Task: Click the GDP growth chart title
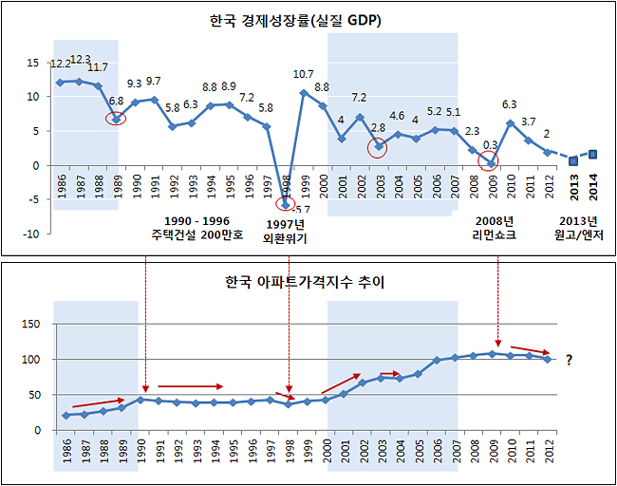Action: pyautogui.click(x=295, y=21)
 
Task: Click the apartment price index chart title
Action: pyautogui.click(x=305, y=282)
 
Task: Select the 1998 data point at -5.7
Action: pyautogui.click(x=286, y=205)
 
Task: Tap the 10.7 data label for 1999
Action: pyautogui.click(x=304, y=74)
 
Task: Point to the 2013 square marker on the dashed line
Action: pyautogui.click(x=573, y=161)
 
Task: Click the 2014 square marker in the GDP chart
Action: pyautogui.click(x=592, y=155)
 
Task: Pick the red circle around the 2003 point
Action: pyautogui.click(x=378, y=148)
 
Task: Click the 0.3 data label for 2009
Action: pyautogui.click(x=491, y=145)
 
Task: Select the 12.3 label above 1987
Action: pyautogui.click(x=81, y=60)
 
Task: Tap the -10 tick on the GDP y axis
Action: pyautogui.click(x=31, y=234)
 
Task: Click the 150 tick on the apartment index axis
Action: pyautogui.click(x=31, y=324)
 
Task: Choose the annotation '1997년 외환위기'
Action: pyautogui.click(x=286, y=232)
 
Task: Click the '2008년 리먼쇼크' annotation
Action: pyautogui.click(x=495, y=228)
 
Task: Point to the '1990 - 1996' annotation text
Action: pyautogui.click(x=196, y=221)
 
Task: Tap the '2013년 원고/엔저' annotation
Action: pyautogui.click(x=578, y=228)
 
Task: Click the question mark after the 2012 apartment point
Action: pyautogui.click(x=569, y=360)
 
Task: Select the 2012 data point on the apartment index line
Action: pyautogui.click(x=548, y=360)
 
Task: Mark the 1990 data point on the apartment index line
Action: pyautogui.click(x=140, y=400)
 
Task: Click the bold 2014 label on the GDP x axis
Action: pyautogui.click(x=593, y=187)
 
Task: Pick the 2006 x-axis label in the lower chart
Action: pyautogui.click(x=436, y=451)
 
